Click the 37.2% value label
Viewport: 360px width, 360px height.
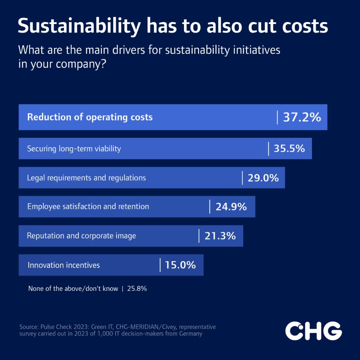coord(302,117)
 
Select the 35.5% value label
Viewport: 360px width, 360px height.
coord(289,148)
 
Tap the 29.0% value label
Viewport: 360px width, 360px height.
coord(263,178)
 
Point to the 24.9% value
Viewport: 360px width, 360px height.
coord(231,207)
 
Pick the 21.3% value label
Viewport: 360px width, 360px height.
coord(220,236)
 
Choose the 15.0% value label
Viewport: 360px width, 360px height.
coord(180,265)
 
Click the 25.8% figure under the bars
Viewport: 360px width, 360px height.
coord(137,288)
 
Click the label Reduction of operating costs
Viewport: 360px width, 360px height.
coord(90,117)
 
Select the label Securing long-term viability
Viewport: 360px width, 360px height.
coord(74,149)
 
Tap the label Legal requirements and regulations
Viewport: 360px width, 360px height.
coord(86,178)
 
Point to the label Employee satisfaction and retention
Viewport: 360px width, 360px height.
coord(88,207)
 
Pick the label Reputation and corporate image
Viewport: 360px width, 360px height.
coord(81,236)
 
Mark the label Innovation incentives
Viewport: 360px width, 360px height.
coord(64,265)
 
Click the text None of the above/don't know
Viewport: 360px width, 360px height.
coord(73,288)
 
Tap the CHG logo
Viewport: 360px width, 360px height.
coord(313,331)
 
